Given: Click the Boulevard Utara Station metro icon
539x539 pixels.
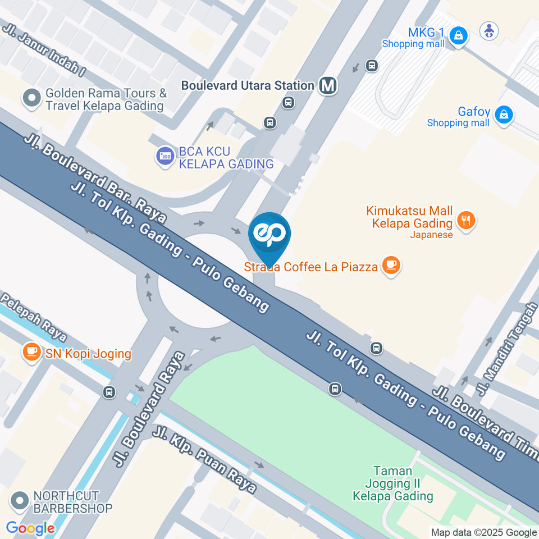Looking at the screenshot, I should click(x=328, y=86).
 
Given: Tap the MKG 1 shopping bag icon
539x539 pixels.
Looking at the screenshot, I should click(x=459, y=36).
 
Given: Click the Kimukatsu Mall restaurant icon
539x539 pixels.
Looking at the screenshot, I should click(x=465, y=220).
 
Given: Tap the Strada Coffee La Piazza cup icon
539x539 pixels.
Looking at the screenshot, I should click(x=391, y=266).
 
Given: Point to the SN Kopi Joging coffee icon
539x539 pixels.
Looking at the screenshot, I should click(x=31, y=352).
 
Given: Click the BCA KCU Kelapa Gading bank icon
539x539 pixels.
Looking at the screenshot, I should click(x=166, y=157).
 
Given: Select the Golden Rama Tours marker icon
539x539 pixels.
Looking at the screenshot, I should click(x=31, y=99).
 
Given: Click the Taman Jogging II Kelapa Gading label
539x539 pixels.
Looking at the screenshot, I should click(x=392, y=483).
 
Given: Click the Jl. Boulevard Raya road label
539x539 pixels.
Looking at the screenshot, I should click(x=148, y=409).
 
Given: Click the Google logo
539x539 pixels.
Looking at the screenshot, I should click(x=30, y=528).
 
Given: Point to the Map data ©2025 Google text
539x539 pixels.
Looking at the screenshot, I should click(x=483, y=532).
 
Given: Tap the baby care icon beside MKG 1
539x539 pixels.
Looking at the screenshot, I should click(x=489, y=30).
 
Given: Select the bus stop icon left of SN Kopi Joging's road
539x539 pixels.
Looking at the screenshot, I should click(x=109, y=392).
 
